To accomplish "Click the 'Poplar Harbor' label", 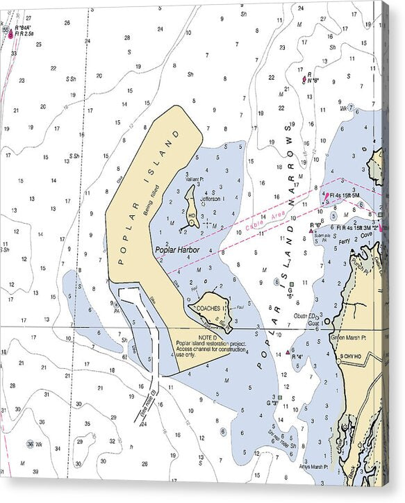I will [177, 250].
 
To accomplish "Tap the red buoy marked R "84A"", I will [10, 33].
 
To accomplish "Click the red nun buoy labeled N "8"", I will [304, 80].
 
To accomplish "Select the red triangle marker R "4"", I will [288, 353].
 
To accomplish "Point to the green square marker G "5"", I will [291, 283].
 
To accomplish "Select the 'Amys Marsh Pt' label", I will [311, 466].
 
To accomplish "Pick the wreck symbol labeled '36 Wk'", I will [31, 443].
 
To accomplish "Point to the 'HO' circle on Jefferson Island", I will [191, 223].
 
